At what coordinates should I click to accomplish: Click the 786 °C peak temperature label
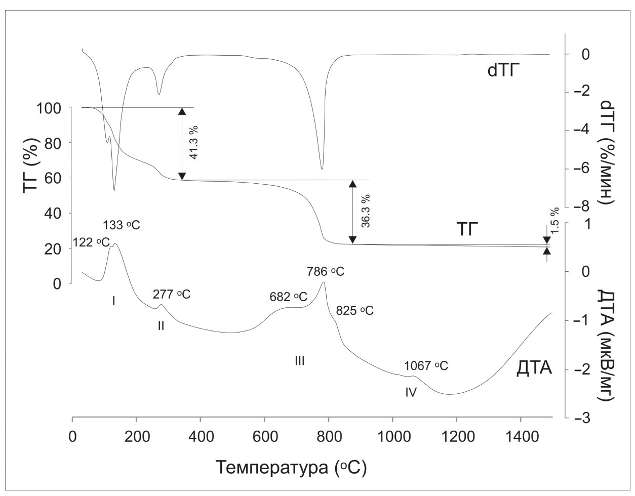coord(326,272)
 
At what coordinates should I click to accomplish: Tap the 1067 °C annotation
coord(426,365)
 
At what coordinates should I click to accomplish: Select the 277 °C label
coord(172,294)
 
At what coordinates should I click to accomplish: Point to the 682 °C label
coord(289,297)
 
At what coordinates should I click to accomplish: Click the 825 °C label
coord(354,311)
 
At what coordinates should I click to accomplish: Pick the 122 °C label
coord(91,242)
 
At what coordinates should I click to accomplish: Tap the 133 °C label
coord(121,225)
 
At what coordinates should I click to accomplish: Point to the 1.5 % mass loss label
coord(555,220)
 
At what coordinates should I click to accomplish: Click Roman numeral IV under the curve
coord(411,392)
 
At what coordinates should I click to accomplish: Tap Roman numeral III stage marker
coord(299,361)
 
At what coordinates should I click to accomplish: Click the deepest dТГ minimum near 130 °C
coord(114,190)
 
